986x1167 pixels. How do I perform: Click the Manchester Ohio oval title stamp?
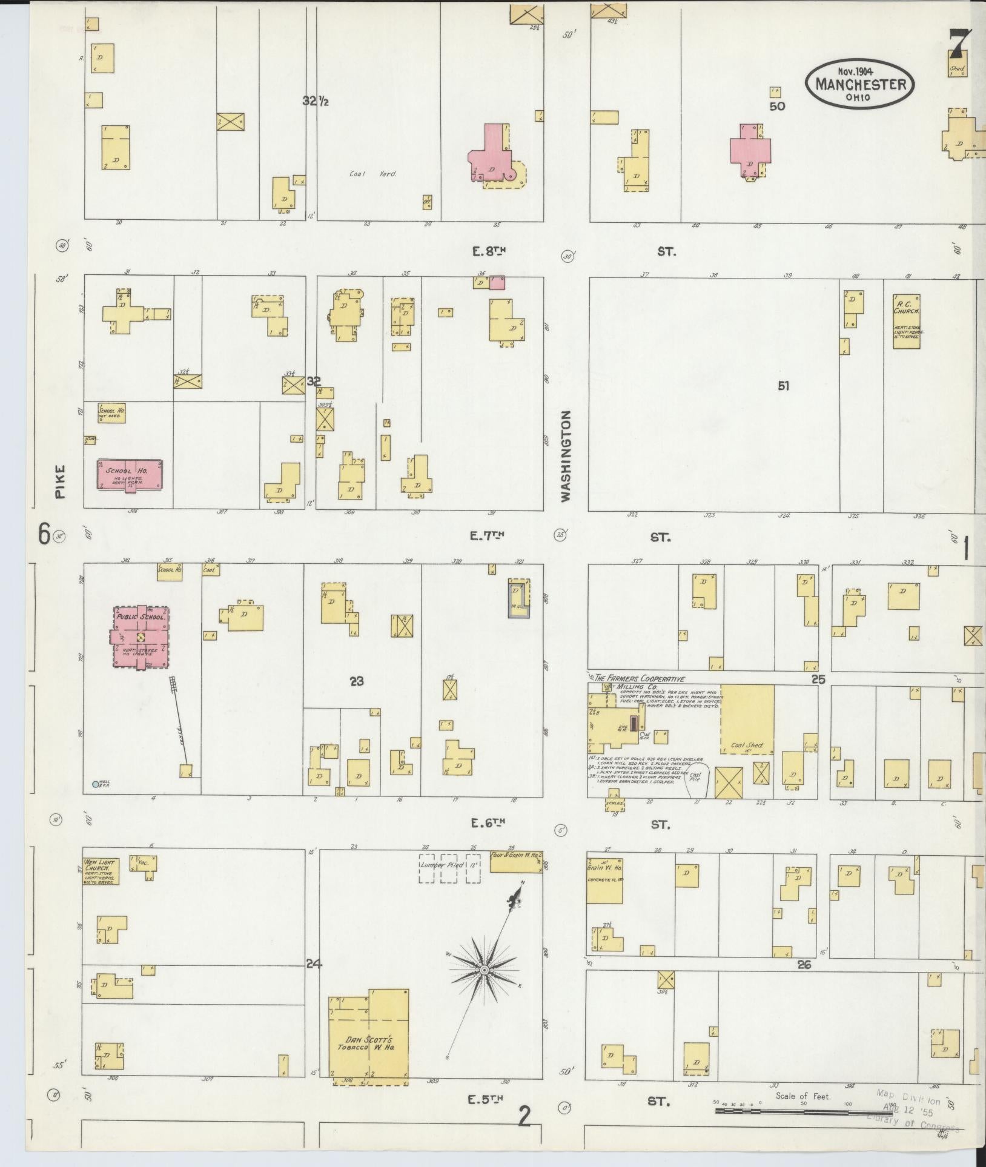tap(859, 84)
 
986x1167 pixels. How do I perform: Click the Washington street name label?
tap(565, 456)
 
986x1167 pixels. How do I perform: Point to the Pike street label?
tap(59, 481)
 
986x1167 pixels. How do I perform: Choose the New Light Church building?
tap(100, 871)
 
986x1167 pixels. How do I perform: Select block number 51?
tap(783, 385)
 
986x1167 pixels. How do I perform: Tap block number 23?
tap(356, 681)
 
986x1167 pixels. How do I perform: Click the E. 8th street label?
tap(488, 251)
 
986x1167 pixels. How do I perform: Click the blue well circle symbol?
tap(95, 784)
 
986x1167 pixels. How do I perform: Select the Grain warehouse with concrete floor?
tap(604, 880)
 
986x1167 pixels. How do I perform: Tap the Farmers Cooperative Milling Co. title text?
tap(639, 679)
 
